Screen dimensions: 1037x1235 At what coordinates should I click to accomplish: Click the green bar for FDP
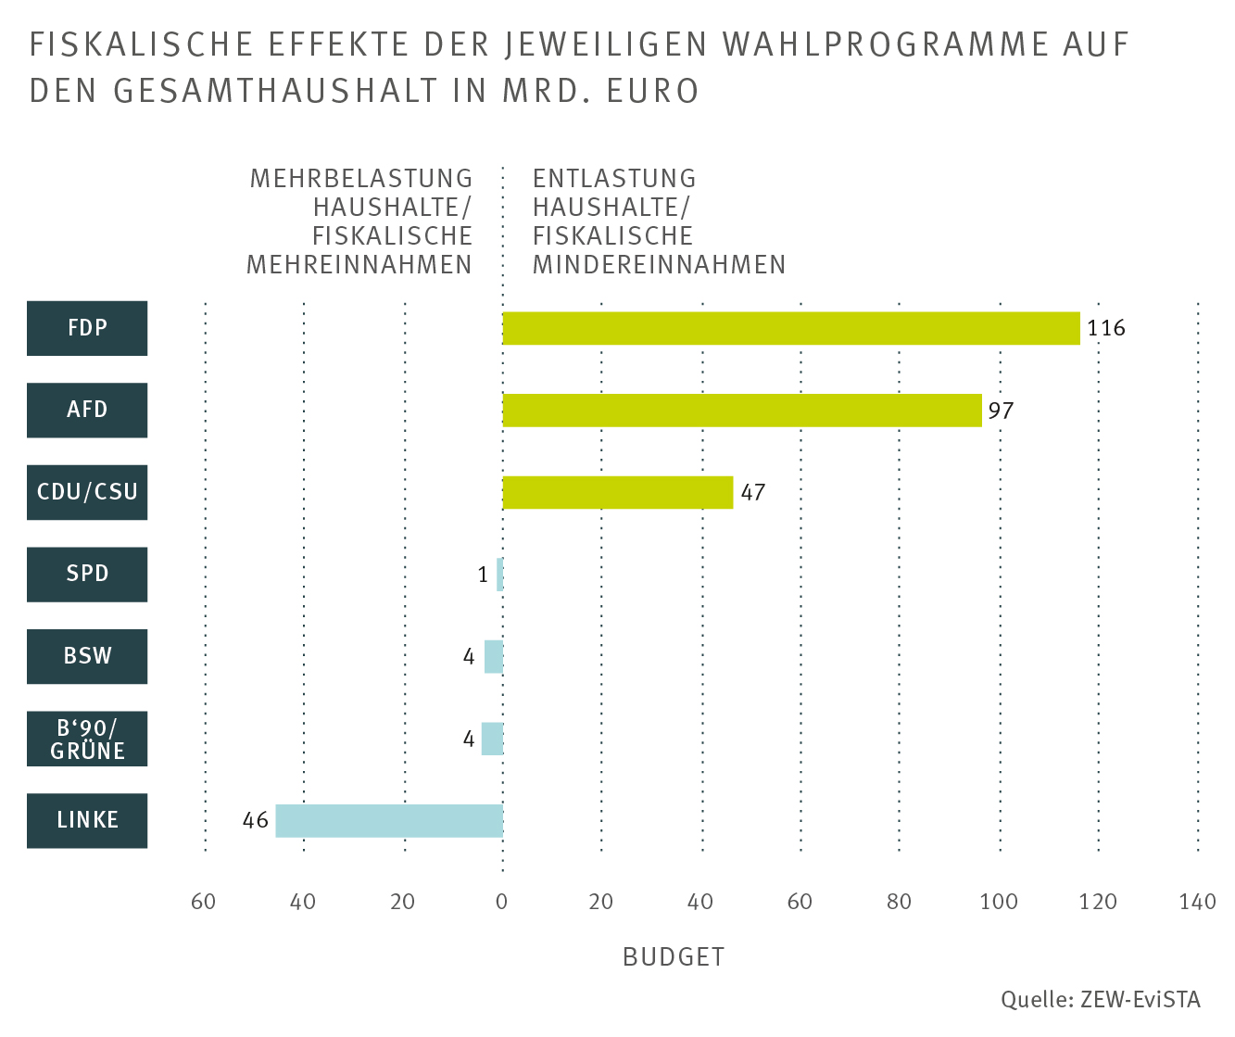[x=791, y=328]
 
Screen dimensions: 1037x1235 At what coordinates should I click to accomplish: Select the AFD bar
[x=741, y=410]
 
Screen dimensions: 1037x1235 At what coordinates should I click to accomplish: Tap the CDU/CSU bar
[x=617, y=492]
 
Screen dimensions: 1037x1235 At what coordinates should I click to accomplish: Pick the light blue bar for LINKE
[x=389, y=820]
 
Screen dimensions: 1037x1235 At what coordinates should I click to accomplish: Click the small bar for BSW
[x=494, y=656]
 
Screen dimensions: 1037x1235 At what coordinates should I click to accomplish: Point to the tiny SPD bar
[x=500, y=575]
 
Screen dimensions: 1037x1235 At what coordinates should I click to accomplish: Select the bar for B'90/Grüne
[x=492, y=739]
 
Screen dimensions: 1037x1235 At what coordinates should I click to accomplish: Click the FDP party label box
[x=87, y=328]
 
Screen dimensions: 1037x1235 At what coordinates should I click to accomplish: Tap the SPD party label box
[x=87, y=574]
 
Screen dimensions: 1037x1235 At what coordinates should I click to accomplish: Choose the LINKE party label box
[x=87, y=820]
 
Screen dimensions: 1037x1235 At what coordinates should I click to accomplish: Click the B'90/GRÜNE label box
[x=87, y=739]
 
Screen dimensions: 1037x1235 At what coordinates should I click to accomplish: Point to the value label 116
[x=1106, y=328]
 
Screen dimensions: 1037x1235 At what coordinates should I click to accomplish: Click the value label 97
[x=1001, y=410]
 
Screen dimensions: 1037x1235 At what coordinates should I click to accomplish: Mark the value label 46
[x=256, y=820]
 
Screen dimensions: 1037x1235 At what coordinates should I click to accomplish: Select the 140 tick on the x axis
[x=1197, y=902]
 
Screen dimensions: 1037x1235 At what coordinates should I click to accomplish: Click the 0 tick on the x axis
[x=502, y=902]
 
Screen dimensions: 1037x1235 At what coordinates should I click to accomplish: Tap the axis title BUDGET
[x=674, y=957]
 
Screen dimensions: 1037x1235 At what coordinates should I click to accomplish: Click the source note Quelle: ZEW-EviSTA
[x=1100, y=1000]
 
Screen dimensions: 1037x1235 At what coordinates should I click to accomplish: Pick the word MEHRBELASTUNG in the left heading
[x=361, y=178]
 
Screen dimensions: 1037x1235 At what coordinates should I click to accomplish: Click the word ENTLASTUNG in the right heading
[x=614, y=178]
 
